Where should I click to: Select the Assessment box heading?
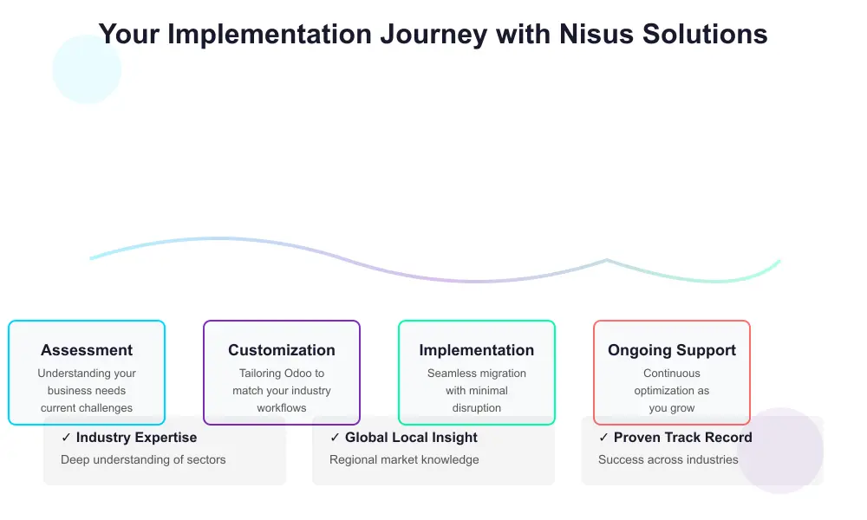point(87,350)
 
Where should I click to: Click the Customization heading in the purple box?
point(282,350)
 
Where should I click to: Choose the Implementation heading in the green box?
point(477,350)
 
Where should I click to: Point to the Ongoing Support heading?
point(672,350)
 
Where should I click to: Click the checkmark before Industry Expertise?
point(66,438)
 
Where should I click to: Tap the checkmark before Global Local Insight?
point(335,438)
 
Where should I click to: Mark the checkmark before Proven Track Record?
point(603,438)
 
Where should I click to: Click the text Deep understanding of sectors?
point(143,459)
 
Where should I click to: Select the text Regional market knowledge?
point(404,459)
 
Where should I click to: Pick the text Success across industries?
point(668,459)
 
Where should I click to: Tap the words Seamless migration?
point(477,374)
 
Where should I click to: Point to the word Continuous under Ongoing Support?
point(672,374)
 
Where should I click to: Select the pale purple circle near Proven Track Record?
point(780,451)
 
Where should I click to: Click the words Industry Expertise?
point(136,438)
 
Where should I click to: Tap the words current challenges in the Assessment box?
point(87,408)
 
